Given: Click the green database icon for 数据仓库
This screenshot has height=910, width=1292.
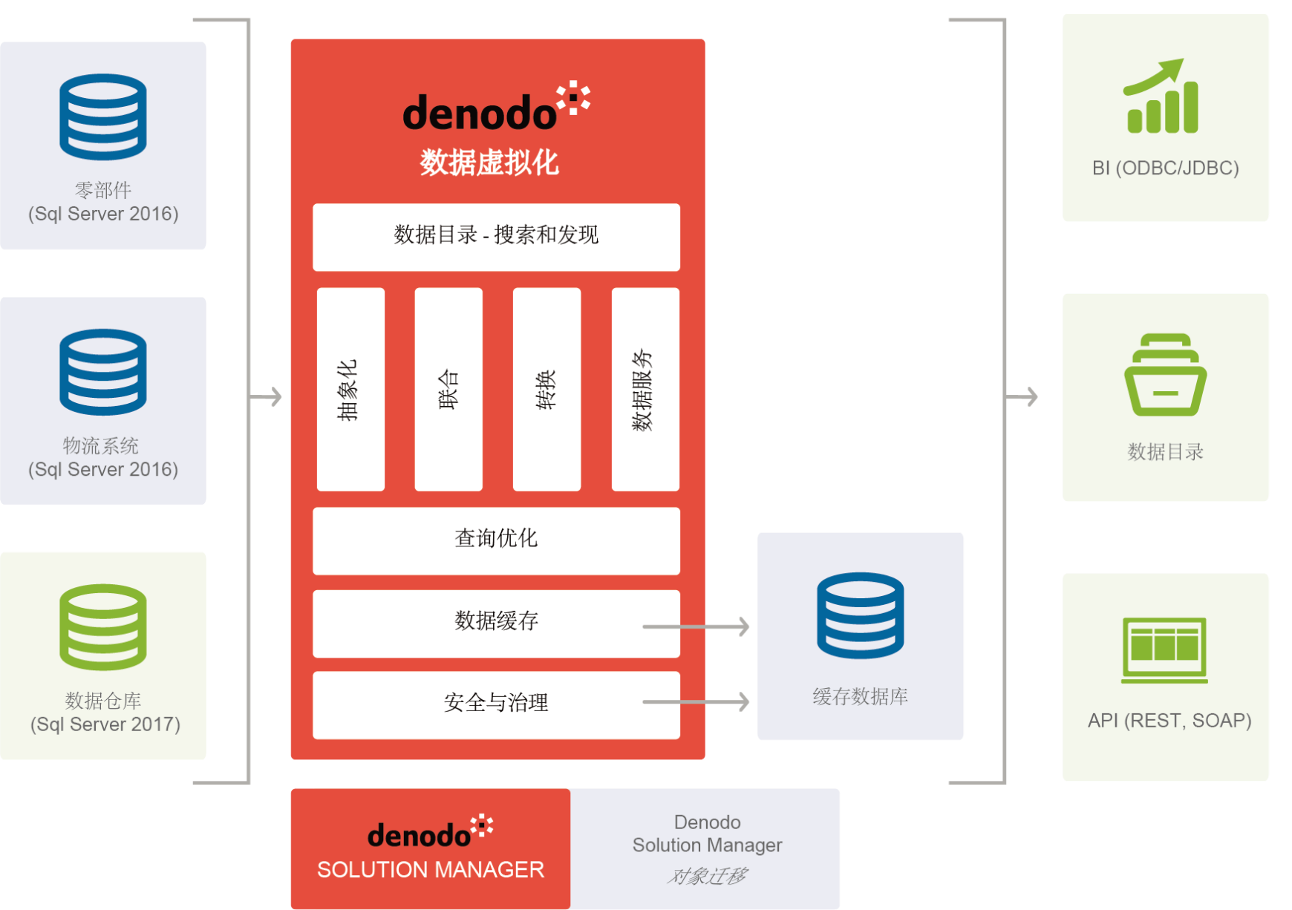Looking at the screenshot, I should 103,627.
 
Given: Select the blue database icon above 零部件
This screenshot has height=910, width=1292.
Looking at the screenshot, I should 103,117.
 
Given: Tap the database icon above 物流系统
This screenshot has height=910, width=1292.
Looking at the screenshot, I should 103,372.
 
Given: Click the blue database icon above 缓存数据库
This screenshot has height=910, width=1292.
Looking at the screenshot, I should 860,615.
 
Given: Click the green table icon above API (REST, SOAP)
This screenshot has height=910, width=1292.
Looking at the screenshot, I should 1164,649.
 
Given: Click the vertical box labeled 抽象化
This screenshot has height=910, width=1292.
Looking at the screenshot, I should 350,390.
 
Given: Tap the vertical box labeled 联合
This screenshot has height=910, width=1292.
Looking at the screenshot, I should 448,390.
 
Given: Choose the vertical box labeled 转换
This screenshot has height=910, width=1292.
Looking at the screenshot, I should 547,390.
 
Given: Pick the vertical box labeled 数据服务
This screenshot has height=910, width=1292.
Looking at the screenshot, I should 645,390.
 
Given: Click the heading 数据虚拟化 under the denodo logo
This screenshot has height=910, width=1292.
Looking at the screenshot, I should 489,163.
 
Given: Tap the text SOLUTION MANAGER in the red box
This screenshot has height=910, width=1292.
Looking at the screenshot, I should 431,869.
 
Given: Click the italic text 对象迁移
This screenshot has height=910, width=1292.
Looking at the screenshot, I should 707,877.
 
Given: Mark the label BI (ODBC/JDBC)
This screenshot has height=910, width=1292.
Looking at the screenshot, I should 1165,168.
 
